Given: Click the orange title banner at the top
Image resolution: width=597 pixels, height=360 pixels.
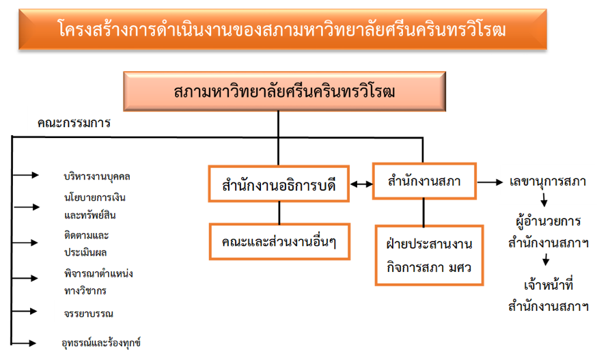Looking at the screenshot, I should pyautogui.click(x=282, y=29).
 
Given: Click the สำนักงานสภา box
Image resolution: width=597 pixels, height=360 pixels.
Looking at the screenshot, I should pyautogui.click(x=424, y=181).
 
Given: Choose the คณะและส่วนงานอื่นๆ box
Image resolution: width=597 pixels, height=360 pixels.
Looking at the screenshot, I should pyautogui.click(x=279, y=241).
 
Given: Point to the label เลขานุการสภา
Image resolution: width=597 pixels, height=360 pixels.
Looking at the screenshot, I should pyautogui.click(x=548, y=182).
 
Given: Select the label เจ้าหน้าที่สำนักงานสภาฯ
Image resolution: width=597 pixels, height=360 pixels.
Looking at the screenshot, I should pyautogui.click(x=548, y=295).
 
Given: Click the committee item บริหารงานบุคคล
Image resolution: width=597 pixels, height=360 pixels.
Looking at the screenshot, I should pyautogui.click(x=96, y=176).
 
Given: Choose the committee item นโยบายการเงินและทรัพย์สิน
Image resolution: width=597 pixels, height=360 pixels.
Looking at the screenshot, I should pyautogui.click(x=94, y=206).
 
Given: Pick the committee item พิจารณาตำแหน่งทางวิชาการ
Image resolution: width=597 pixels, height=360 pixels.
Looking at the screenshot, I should pyautogui.click(x=94, y=281).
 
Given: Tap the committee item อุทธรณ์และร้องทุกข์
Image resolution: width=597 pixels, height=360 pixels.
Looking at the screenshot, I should pyautogui.click(x=101, y=343).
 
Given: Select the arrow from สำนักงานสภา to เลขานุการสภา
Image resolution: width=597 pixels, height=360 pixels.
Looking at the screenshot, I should pyautogui.click(x=491, y=182).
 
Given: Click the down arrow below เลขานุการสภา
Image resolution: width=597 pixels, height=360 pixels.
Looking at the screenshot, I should pyautogui.click(x=544, y=201).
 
